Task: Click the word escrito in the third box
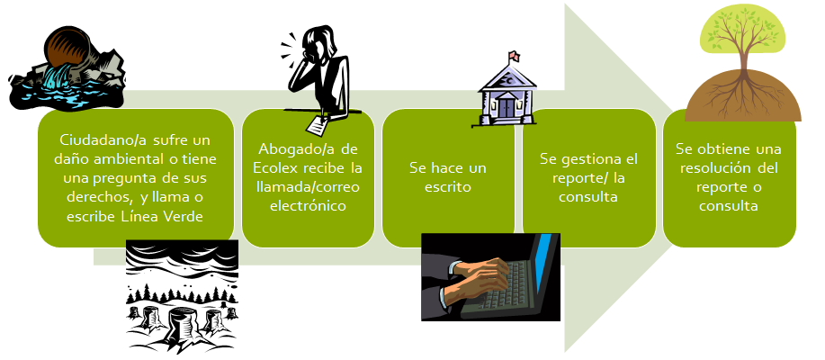(x=448, y=187)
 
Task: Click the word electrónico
(x=308, y=205)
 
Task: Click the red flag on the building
(x=514, y=55)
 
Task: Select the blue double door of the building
(x=507, y=107)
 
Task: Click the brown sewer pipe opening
(x=62, y=48)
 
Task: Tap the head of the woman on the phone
(x=322, y=42)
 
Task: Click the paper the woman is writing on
(x=318, y=123)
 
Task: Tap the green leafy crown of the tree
(x=742, y=31)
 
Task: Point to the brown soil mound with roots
(x=742, y=96)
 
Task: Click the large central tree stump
(x=184, y=321)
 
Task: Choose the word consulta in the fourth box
(x=588, y=197)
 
